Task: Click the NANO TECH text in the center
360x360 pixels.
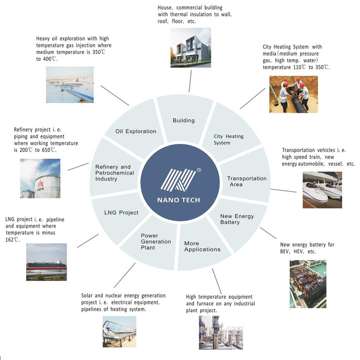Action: (x=178, y=200)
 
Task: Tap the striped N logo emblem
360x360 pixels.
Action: (x=178, y=180)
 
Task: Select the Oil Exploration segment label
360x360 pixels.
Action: (x=136, y=131)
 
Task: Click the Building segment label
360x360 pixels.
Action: (x=184, y=120)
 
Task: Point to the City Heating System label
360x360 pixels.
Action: (x=229, y=139)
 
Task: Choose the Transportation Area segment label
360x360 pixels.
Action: (x=247, y=181)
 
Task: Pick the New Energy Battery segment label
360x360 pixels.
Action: (x=237, y=219)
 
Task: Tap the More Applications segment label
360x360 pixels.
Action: (x=202, y=246)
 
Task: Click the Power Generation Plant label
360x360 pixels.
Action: (x=156, y=241)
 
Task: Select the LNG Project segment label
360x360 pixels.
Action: (x=121, y=213)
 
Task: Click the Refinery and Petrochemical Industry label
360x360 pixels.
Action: (x=115, y=173)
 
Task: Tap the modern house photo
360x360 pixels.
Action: (x=190, y=48)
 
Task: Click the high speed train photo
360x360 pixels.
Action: (x=322, y=190)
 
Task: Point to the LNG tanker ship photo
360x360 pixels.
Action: (x=46, y=262)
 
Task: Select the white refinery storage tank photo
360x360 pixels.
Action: (x=40, y=178)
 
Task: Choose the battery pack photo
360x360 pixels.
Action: (x=308, y=284)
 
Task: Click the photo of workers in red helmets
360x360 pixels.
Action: (x=293, y=94)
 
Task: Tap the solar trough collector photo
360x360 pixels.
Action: (x=119, y=331)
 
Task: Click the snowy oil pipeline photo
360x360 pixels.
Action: (x=70, y=85)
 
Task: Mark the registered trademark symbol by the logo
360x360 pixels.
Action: (x=199, y=170)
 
